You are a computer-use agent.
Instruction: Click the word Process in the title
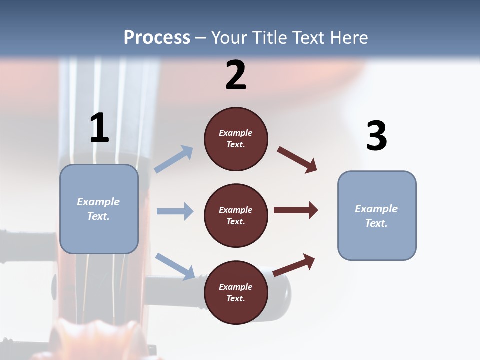tap(157, 38)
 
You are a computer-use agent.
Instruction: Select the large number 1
tap(99, 128)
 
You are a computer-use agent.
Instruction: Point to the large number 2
tap(236, 76)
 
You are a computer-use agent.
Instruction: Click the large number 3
tap(376, 136)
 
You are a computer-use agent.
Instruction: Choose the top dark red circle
tap(236, 139)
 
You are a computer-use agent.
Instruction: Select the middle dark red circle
tap(236, 215)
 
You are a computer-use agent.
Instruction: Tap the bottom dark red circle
tap(236, 292)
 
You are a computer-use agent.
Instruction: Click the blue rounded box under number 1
tap(99, 209)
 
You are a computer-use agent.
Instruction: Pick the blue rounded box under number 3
tap(377, 216)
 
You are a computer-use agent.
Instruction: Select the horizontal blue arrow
tap(175, 211)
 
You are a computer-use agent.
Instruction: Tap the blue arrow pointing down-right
tap(175, 266)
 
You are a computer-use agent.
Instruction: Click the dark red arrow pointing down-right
tap(297, 160)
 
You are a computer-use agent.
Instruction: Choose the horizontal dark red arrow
tap(296, 210)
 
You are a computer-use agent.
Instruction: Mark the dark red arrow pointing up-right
tap(294, 265)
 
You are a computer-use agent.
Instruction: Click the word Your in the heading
tap(229, 38)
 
